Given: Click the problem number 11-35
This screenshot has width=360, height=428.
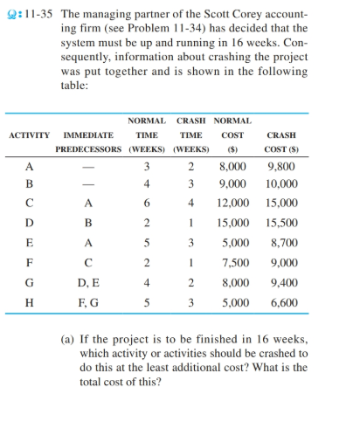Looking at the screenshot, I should pyautogui.click(x=38, y=15).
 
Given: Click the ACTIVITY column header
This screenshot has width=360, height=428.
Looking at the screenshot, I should pyautogui.click(x=30, y=136).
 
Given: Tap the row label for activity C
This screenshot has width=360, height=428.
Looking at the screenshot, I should pyautogui.click(x=30, y=204).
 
